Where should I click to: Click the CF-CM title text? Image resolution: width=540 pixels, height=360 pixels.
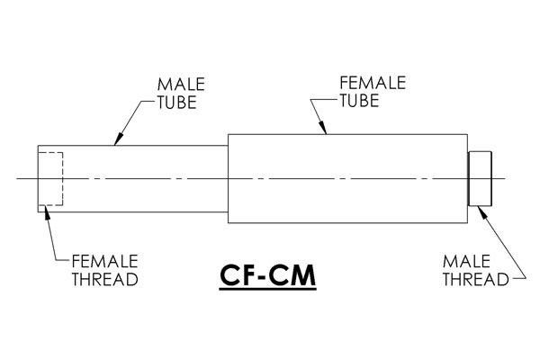[x=267, y=275]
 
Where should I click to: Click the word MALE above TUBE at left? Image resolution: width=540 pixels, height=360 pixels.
[x=181, y=85]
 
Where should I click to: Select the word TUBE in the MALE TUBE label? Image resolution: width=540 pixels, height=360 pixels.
[x=177, y=103]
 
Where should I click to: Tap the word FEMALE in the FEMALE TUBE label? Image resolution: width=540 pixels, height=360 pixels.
[x=373, y=83]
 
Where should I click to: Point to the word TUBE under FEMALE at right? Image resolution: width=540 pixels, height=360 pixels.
[x=359, y=101]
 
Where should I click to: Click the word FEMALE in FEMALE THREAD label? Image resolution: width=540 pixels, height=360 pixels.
[x=104, y=261]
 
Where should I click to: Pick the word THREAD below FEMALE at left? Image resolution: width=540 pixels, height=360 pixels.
[x=104, y=279]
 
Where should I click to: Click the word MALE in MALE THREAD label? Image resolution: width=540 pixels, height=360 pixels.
[x=466, y=262]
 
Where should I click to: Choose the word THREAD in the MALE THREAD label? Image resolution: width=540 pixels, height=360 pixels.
[x=475, y=279]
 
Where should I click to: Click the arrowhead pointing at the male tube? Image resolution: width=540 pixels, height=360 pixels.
[x=117, y=139]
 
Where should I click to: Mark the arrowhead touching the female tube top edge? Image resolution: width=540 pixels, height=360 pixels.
[x=323, y=128]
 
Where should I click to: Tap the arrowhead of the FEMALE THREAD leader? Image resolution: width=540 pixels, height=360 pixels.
[x=47, y=211]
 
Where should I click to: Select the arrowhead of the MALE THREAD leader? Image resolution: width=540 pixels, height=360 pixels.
[x=482, y=211]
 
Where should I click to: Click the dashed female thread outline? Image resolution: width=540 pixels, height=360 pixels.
[x=62, y=178]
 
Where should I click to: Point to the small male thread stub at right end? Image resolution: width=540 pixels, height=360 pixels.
[x=480, y=178]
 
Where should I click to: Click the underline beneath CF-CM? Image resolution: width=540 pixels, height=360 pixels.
[x=267, y=290]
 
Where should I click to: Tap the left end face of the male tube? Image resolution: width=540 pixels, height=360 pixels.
[x=38, y=178]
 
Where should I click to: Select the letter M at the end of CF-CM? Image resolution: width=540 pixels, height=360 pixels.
[x=302, y=275]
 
